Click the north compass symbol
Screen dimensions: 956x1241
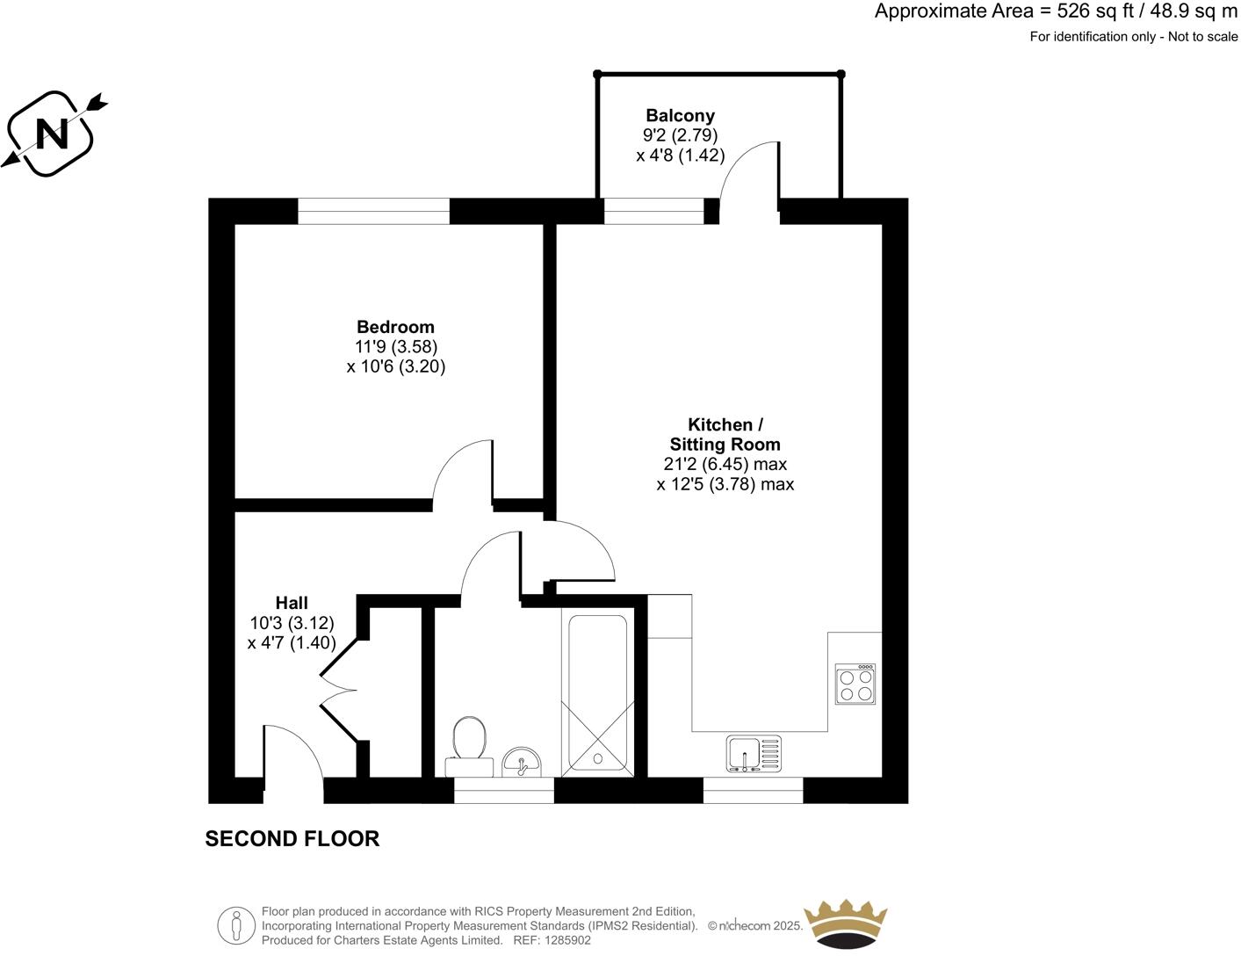point(53,133)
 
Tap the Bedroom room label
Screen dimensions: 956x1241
point(395,328)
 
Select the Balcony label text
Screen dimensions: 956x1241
point(680,115)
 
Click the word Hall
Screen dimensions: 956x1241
point(292,603)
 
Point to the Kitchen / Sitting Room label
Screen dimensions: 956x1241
point(725,435)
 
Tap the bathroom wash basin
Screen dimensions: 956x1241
point(523,763)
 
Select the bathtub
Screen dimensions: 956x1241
point(597,694)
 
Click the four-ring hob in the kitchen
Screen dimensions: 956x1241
point(855,684)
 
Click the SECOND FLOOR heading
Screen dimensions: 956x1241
point(292,839)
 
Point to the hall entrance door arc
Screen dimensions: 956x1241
point(294,751)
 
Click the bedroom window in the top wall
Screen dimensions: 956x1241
point(373,212)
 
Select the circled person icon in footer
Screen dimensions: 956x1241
point(235,925)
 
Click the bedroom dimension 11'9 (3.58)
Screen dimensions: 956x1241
point(396,347)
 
